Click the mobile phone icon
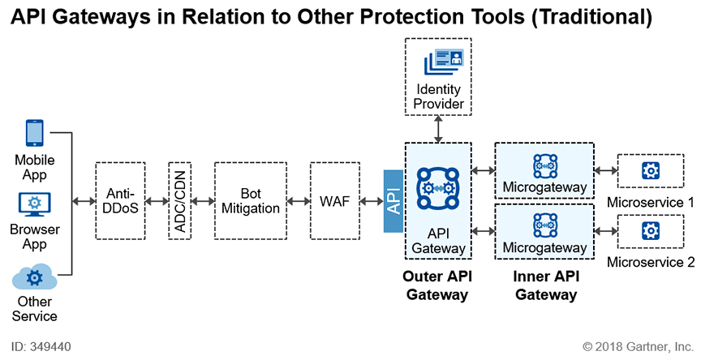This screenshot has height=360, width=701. coord(34,133)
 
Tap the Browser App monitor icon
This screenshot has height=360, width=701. coord(34,204)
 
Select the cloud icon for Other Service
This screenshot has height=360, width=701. coord(34,277)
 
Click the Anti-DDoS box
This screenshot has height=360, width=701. coord(120,201)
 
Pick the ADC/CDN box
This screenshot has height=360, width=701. coord(180,201)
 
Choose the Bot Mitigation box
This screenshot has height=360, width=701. coord(251,201)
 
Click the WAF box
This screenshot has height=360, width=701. coord(335,201)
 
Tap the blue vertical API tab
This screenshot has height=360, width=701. coord(394,201)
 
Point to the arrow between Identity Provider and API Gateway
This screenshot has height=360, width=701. coord(438,129)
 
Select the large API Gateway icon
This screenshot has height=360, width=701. coord(437,188)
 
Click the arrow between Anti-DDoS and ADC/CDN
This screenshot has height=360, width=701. coord(157,201)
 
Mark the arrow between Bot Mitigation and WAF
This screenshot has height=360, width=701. coord(299,201)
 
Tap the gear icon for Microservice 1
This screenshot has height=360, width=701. coord(651,170)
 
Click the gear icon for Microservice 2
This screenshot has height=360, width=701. coord(651,231)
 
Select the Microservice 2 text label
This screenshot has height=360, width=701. coord(651,262)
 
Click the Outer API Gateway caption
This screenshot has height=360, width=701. coord(437,285)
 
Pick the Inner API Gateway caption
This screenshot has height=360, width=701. coord(546,285)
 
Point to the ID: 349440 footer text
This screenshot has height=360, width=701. coord(41,346)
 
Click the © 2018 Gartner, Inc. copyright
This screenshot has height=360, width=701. coord(639,346)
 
